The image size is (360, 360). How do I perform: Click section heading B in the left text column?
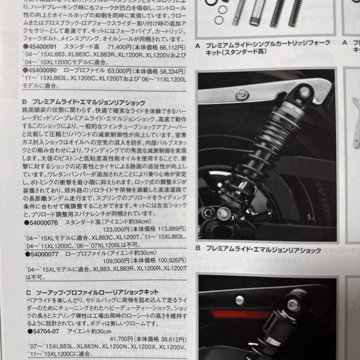(84, 103)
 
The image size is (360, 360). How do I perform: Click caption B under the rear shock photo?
(258, 249)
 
